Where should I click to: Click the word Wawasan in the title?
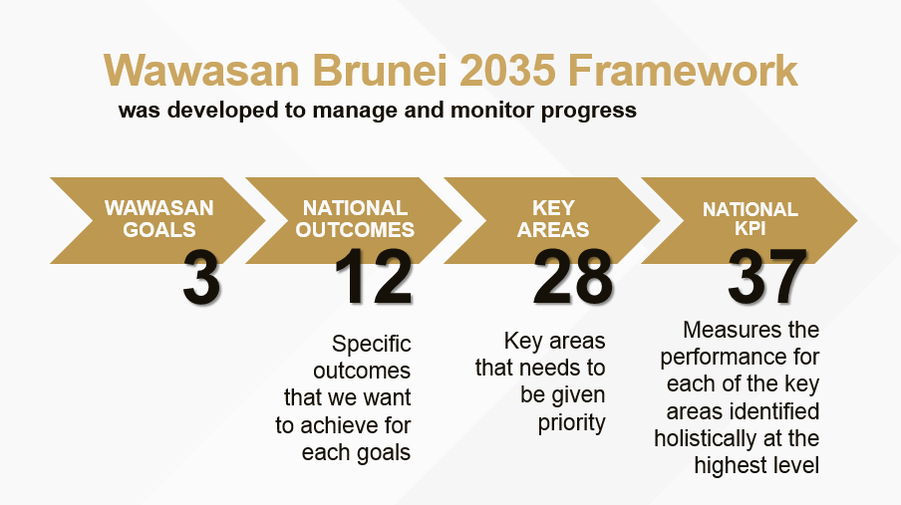(201, 70)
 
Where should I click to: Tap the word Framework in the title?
(683, 70)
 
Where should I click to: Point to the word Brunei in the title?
(380, 70)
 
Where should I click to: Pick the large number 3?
(201, 277)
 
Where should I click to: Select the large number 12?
(374, 277)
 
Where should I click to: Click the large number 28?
(572, 277)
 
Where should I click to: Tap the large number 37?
(767, 277)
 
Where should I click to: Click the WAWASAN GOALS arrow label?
(159, 219)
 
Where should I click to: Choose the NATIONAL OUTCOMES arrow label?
(355, 219)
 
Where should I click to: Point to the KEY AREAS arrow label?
(553, 219)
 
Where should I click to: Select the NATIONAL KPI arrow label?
(751, 218)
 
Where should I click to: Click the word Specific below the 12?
(371, 344)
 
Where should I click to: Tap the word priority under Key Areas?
(572, 423)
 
